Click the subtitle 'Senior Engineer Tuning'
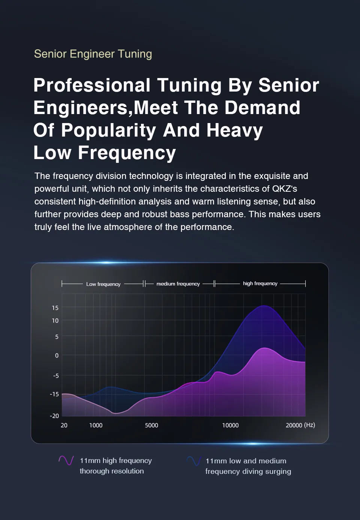tap(93, 54)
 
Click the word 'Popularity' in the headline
tap(108, 130)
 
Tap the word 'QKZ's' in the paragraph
tap(285, 189)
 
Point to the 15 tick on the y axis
tap(55, 308)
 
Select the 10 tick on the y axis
tap(55, 321)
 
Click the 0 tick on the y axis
tap(57, 355)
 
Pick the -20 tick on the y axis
tap(54, 416)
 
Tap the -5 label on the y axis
tap(55, 376)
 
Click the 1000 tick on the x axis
tap(96, 425)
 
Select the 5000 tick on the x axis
tap(151, 425)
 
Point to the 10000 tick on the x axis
tap(230, 425)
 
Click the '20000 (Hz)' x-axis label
tap(300, 425)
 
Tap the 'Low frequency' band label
tap(103, 284)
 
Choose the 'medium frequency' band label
tap(178, 284)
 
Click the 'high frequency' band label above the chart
tap(260, 283)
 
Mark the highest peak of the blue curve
tap(264, 306)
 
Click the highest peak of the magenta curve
tap(265, 348)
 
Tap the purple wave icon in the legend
tap(66, 460)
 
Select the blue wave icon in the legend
tap(194, 461)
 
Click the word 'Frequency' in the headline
tap(127, 153)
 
